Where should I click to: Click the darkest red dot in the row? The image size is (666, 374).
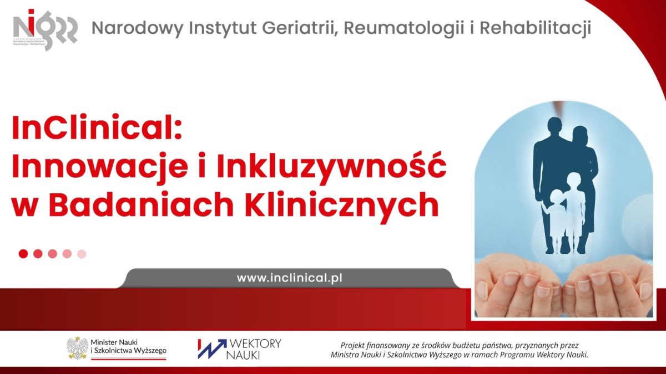point(23,254)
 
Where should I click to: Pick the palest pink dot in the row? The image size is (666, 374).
point(82,254)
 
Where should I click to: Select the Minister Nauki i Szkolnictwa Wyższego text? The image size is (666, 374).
point(128,347)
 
